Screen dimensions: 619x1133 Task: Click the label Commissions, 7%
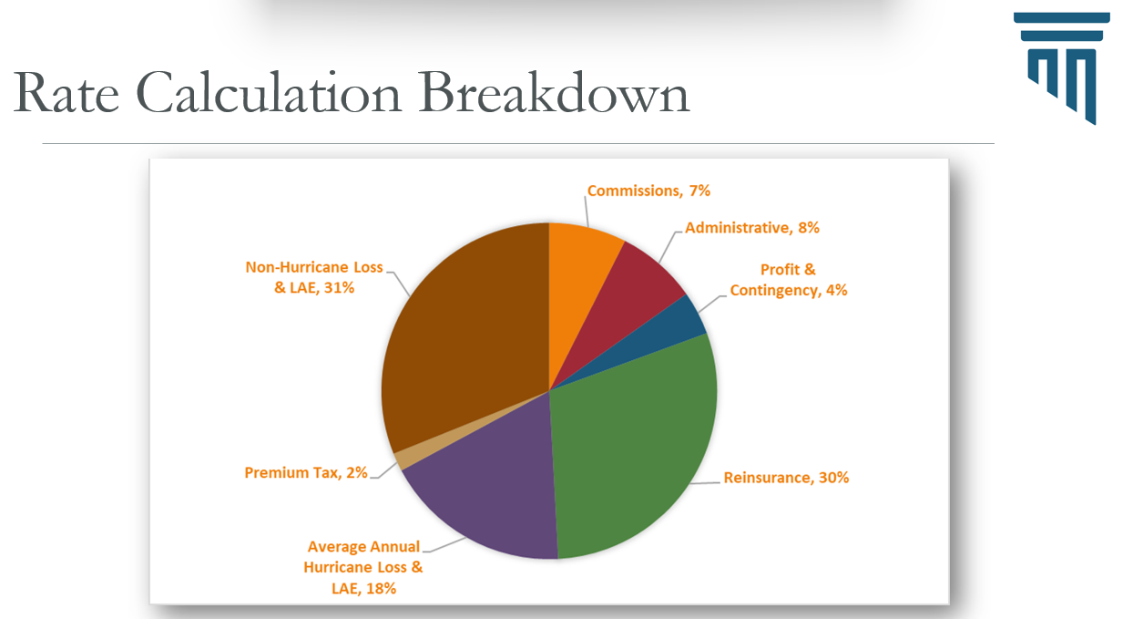pos(648,191)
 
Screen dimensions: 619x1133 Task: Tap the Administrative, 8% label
pos(752,228)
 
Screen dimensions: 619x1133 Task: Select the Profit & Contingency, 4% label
pos(789,280)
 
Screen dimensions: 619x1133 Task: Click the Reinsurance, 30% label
pos(786,477)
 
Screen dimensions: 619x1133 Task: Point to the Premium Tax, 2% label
pos(306,472)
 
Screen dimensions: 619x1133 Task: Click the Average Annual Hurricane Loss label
pos(363,567)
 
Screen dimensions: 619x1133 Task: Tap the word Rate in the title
pos(66,94)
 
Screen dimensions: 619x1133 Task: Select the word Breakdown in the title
pos(556,94)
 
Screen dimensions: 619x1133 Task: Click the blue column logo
pos(1062,67)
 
